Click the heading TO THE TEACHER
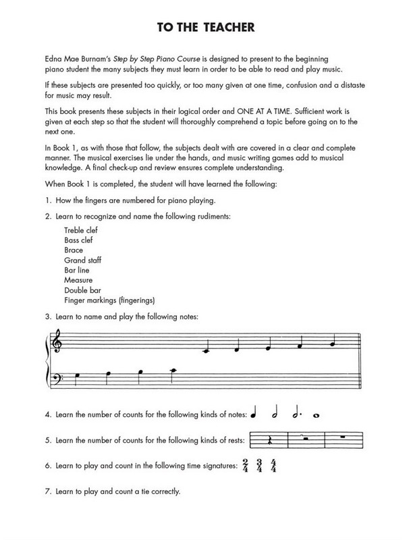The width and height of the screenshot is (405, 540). (202, 28)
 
